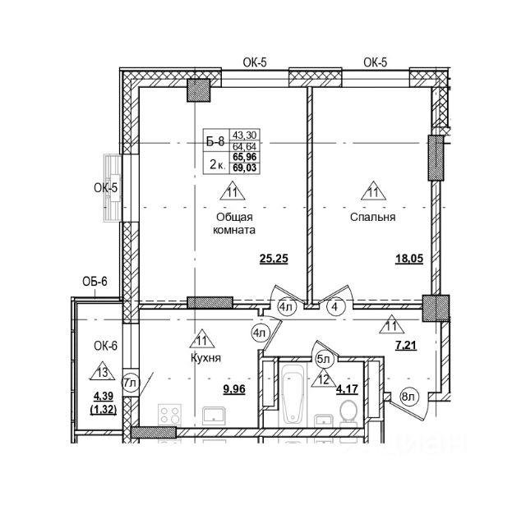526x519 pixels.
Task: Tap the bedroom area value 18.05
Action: (x=408, y=261)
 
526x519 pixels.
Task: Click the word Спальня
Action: (x=373, y=218)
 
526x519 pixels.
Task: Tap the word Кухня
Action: (x=205, y=358)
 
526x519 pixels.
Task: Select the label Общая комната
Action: (x=233, y=224)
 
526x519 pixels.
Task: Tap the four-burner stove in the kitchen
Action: (x=168, y=416)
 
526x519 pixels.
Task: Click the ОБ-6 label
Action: (x=95, y=283)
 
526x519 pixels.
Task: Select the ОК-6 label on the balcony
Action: (x=107, y=346)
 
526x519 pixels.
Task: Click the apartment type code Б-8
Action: (x=215, y=141)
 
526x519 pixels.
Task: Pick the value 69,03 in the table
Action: (x=243, y=168)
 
